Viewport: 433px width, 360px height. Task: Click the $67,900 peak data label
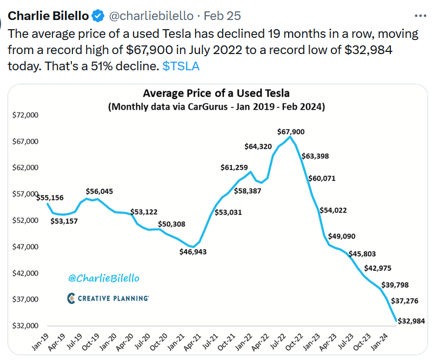291,131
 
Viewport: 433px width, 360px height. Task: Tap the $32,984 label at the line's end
411,321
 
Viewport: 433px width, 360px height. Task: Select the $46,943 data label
192,252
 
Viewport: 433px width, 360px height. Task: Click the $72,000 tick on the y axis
24,115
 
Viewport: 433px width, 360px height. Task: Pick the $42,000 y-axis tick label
24,274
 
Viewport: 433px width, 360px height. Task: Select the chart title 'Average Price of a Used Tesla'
216,94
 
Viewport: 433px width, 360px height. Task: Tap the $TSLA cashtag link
181,65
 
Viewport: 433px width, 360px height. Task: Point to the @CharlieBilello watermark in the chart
104,278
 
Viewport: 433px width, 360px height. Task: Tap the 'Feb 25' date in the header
223,15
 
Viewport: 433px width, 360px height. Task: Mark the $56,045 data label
99,191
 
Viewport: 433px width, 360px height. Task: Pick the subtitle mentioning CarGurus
216,106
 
